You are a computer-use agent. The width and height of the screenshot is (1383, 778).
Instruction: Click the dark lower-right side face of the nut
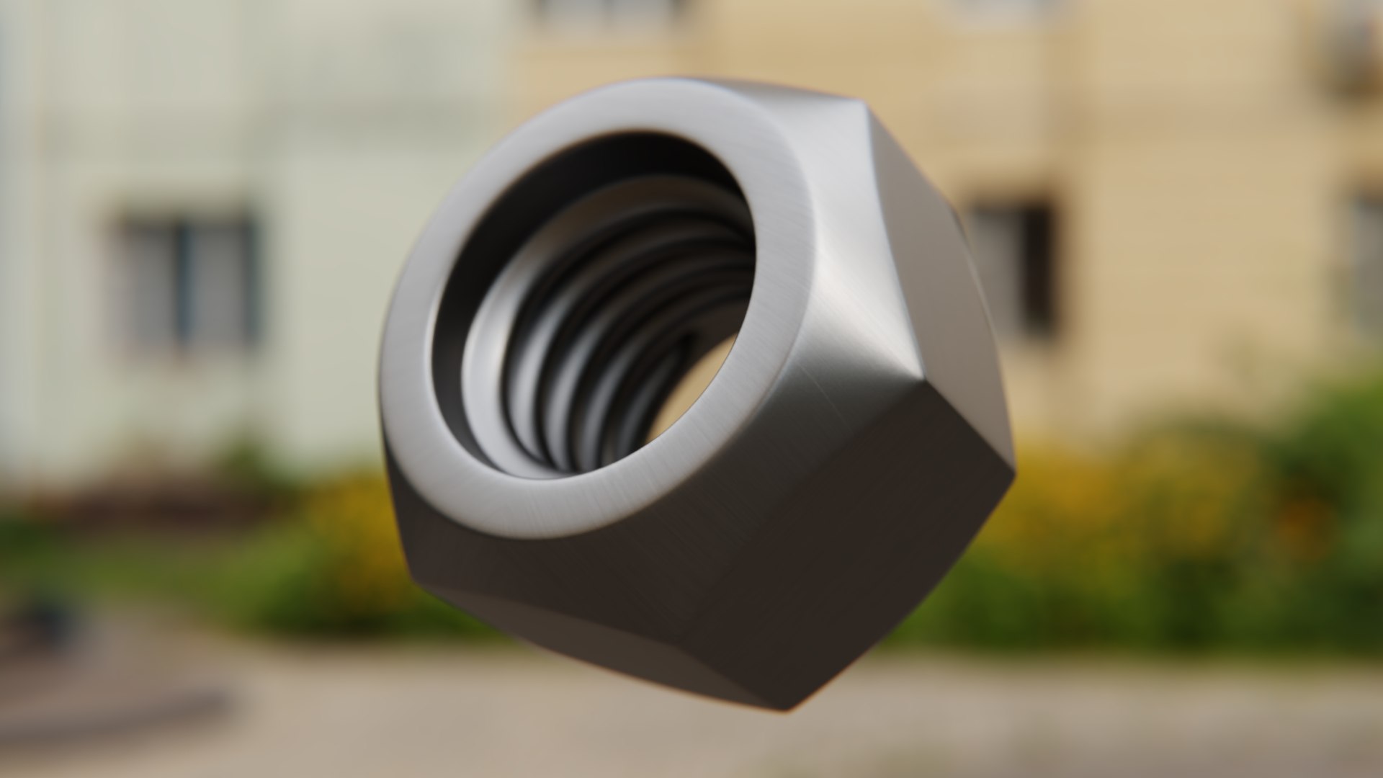(850, 547)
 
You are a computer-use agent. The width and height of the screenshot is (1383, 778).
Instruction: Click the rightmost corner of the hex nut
(1014, 468)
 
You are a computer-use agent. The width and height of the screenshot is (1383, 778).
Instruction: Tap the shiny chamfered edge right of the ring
(836, 310)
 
